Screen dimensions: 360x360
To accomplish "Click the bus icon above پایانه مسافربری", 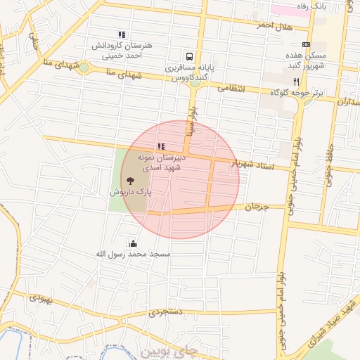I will point(188,57).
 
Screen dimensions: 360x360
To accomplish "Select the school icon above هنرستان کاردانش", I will point(122,34).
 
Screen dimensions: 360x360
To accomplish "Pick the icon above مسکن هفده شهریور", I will point(305,44).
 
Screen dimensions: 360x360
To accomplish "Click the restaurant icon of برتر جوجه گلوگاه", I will point(297,82).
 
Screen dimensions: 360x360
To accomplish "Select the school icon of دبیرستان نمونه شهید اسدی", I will point(161,146).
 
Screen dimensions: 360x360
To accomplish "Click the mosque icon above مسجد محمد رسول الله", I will point(133,243).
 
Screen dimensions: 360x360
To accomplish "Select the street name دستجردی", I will point(166,311).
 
